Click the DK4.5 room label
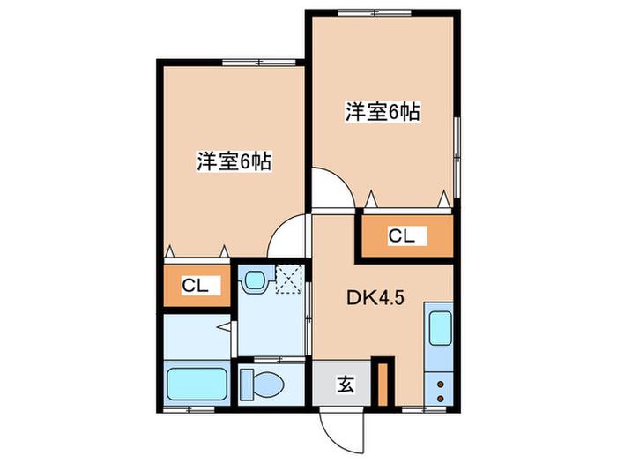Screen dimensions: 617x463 click(375, 298)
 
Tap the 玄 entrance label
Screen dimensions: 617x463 click(346, 385)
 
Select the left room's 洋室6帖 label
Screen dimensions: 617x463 click(234, 161)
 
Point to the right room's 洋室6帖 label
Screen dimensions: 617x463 click(383, 112)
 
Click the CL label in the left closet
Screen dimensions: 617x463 click(195, 286)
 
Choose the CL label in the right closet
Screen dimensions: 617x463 click(401, 235)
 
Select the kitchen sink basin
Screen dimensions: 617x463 click(440, 328)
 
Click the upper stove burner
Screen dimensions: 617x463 click(441, 384)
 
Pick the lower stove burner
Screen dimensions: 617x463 click(441, 399)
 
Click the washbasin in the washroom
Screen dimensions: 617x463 click(255, 280)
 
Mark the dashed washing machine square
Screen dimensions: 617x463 click(289, 280)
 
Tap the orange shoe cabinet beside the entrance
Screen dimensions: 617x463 click(383, 385)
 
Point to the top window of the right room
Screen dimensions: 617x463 click(375, 12)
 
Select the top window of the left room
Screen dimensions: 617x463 click(258, 63)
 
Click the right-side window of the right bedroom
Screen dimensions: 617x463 click(457, 157)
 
